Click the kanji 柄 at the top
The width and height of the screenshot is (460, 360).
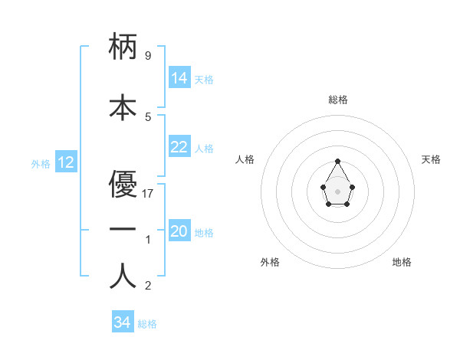coord(123,47)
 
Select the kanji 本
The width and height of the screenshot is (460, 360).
coord(123,106)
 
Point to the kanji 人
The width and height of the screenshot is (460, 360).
coord(123,277)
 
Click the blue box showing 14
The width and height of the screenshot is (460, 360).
coord(179,78)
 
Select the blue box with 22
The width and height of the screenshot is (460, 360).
coord(179,147)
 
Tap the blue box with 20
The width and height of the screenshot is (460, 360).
coord(179,231)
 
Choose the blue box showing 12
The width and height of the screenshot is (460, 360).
coord(66,162)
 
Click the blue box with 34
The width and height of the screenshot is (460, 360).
coord(123,322)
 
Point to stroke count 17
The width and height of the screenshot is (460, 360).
coord(149,193)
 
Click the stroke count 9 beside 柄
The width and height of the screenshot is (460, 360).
coord(148,56)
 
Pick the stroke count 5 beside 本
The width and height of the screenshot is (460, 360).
coord(148,116)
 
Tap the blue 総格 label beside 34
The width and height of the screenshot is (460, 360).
coord(147,324)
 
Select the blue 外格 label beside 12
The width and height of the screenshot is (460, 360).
coord(41,164)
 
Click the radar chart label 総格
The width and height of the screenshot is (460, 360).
coord(338,100)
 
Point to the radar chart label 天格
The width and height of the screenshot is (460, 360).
coord(431,159)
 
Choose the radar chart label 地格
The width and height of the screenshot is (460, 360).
coord(402,262)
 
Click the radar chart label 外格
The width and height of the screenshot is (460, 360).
coord(270,262)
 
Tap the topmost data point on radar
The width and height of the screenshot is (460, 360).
coord(338,161)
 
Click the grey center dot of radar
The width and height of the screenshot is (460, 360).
coord(337,191)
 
